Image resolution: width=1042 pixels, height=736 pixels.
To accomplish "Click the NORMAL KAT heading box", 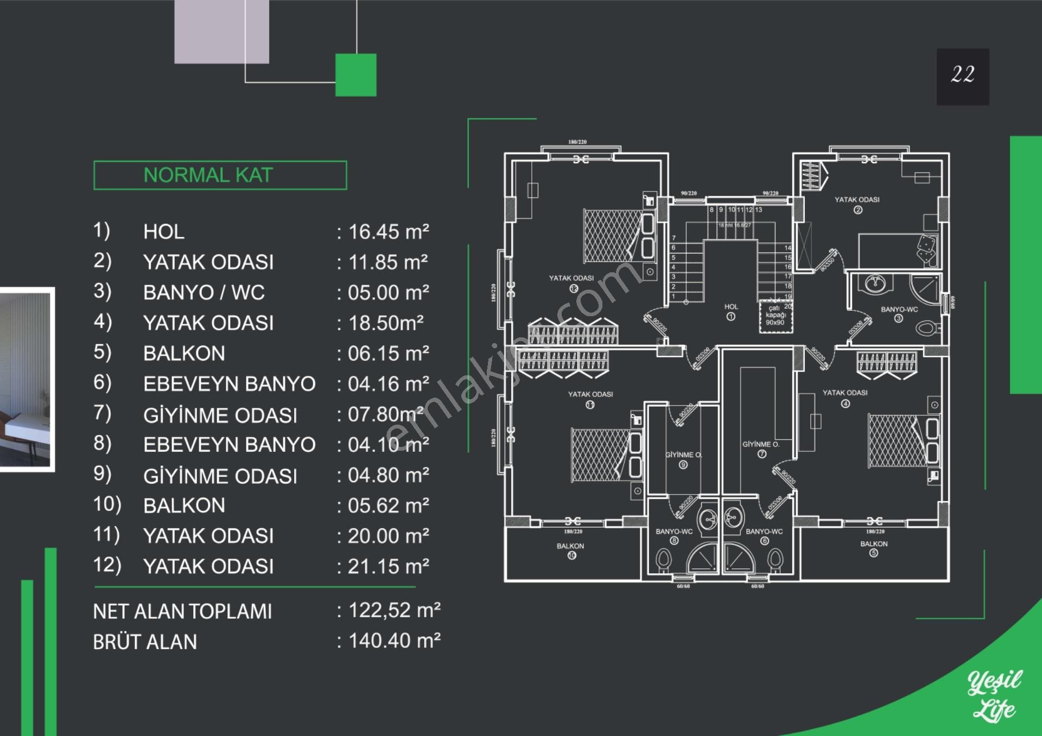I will click(x=220, y=175).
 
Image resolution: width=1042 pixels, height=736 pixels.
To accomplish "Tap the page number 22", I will click(x=962, y=75).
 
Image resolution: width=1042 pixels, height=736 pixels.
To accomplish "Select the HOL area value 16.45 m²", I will click(x=388, y=232).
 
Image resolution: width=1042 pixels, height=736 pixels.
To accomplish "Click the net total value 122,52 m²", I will click(x=394, y=611).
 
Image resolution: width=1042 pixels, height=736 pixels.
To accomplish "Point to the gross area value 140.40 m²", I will click(x=394, y=641).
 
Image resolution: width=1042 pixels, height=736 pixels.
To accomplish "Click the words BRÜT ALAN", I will click(x=145, y=642).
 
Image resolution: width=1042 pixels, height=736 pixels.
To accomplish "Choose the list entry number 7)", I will click(x=103, y=413).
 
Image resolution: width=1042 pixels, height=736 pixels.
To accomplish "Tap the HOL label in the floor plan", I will click(x=731, y=307).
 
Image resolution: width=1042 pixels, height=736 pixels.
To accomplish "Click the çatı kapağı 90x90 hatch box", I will click(x=776, y=316).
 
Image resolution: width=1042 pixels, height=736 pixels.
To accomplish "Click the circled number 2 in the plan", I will click(x=857, y=210).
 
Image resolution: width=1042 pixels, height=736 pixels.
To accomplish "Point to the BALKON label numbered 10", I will click(x=570, y=546).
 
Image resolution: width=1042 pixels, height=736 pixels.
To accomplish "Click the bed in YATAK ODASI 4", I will click(x=897, y=440).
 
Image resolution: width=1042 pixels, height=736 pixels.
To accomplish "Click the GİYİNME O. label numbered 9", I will click(x=683, y=455).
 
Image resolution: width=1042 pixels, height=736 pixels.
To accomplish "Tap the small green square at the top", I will click(x=355, y=75).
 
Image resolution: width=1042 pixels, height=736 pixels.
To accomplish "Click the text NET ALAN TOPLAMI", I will click(x=182, y=612).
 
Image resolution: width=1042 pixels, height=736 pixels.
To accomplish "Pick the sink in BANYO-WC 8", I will click(x=708, y=519).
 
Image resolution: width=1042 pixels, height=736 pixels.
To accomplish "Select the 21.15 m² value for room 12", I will click(x=388, y=567).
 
